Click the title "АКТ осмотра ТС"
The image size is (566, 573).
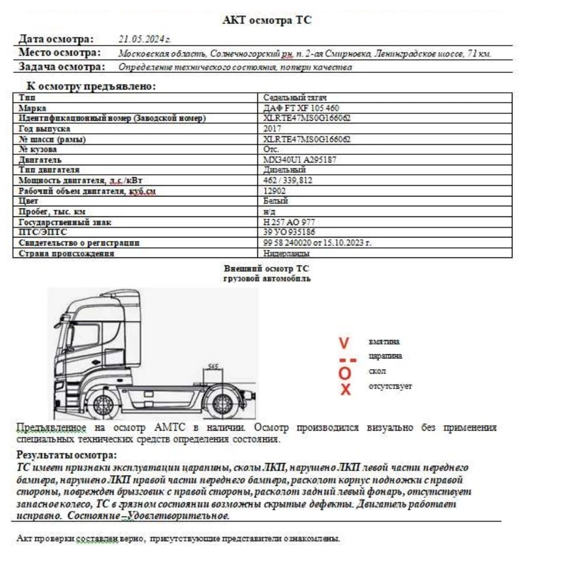(x=267, y=21)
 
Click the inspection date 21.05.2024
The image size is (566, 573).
(x=145, y=39)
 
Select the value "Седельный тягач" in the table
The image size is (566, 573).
(x=295, y=97)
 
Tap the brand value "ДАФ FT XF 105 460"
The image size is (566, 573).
(x=302, y=108)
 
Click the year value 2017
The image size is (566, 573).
(x=273, y=129)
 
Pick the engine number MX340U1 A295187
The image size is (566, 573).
(x=300, y=160)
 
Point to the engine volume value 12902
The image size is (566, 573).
(x=275, y=191)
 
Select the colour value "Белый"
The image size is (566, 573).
(x=276, y=201)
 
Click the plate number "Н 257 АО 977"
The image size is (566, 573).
(x=289, y=222)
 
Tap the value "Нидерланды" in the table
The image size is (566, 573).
(x=287, y=253)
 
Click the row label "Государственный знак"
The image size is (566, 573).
(x=57, y=222)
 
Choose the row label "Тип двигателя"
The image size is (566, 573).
(x=49, y=170)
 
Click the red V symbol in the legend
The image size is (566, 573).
(x=343, y=343)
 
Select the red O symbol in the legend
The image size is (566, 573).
(x=345, y=373)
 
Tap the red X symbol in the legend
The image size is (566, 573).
(x=345, y=390)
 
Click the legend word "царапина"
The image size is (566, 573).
(x=385, y=356)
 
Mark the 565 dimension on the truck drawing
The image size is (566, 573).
(x=213, y=366)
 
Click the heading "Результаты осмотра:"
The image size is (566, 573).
(x=67, y=455)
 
